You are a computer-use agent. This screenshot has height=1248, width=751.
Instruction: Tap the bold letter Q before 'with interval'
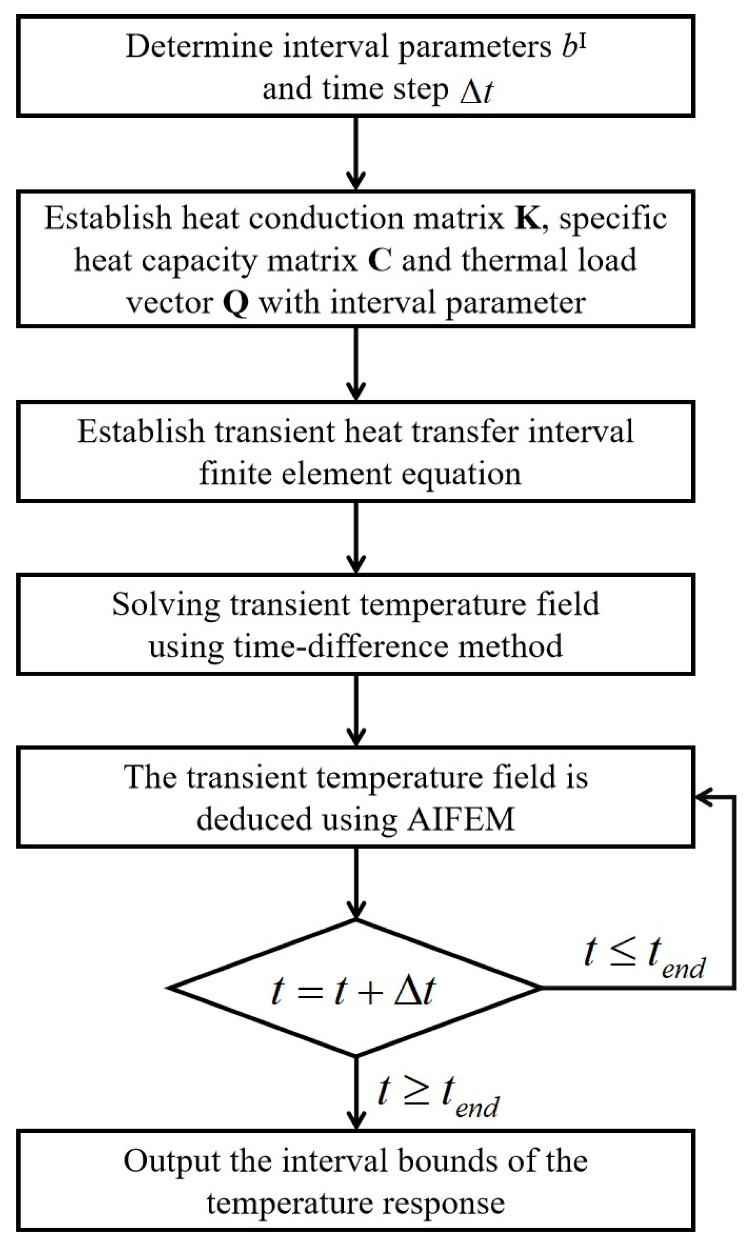click(x=236, y=303)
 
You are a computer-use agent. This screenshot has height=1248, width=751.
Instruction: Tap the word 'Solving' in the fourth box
click(x=166, y=604)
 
